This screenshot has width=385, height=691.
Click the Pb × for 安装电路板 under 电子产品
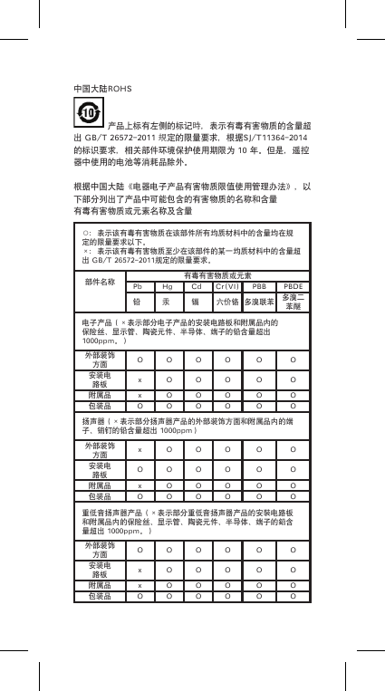pos(139,379)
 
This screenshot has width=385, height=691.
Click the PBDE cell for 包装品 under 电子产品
pos(292,407)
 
